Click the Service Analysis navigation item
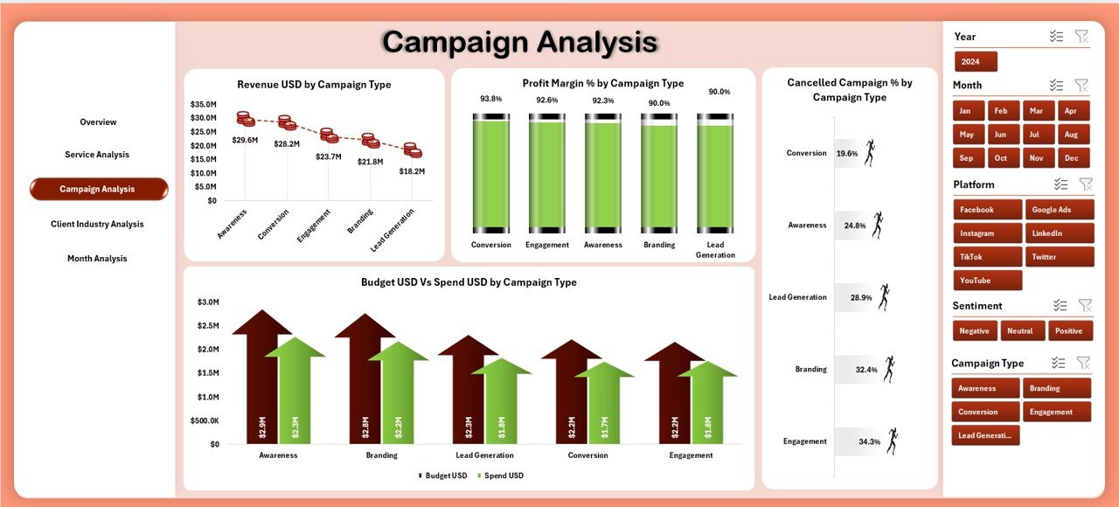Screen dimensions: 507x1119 pos(97,155)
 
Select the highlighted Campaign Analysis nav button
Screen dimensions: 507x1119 pos(98,189)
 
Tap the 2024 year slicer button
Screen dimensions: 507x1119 pos(976,62)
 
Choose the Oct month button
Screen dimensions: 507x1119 pos(1001,158)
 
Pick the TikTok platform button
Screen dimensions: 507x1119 pos(987,257)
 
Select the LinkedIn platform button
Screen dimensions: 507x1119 pos(1058,233)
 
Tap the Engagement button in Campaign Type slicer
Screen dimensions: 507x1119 pos(1056,412)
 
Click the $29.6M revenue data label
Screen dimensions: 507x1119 pos(245,140)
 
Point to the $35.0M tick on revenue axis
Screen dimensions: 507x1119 pos(203,104)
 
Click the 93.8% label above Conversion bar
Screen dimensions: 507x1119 pos(491,99)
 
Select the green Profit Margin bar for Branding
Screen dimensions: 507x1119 pos(659,175)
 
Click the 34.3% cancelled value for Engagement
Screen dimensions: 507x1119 pos(869,442)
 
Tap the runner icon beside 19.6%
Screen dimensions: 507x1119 pos(868,153)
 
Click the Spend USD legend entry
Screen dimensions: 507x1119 pos(503,476)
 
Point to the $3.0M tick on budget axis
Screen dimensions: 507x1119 pos(208,302)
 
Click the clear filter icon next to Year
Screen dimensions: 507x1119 pos(1081,36)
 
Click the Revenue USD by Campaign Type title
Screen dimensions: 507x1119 pos(314,85)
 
